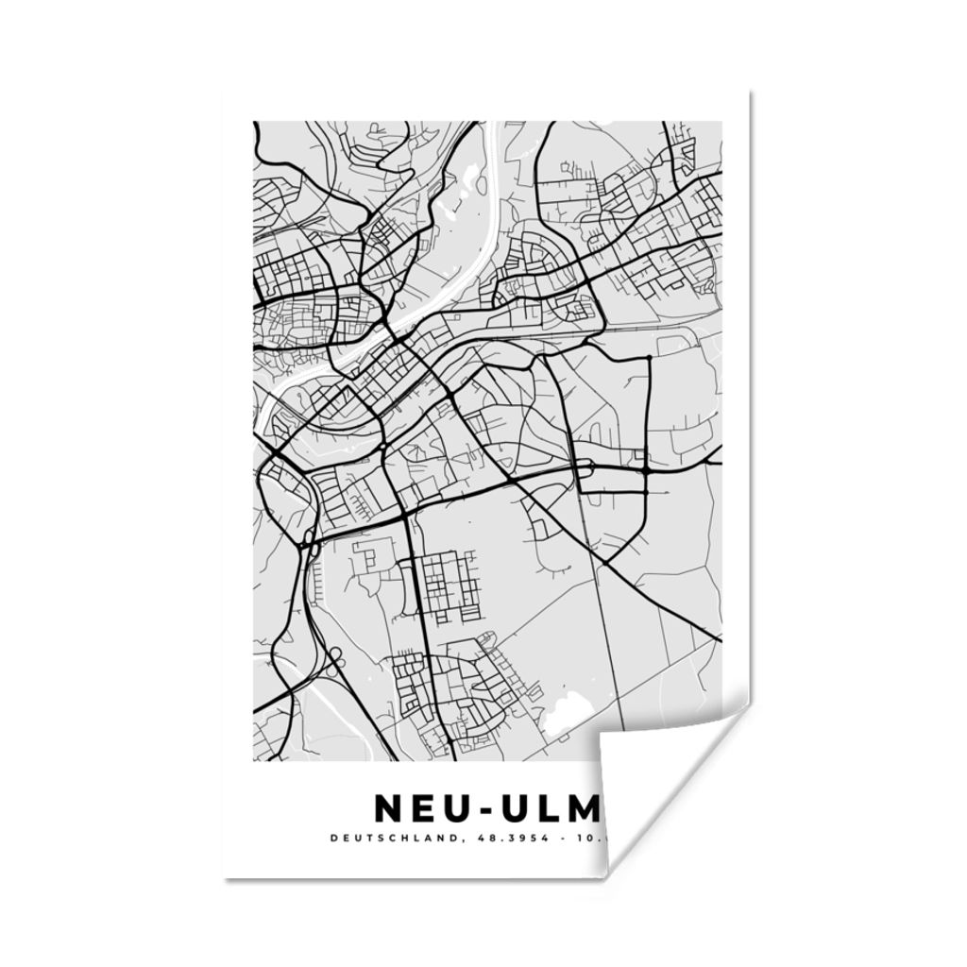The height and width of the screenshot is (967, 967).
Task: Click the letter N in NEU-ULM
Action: (x=390, y=808)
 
